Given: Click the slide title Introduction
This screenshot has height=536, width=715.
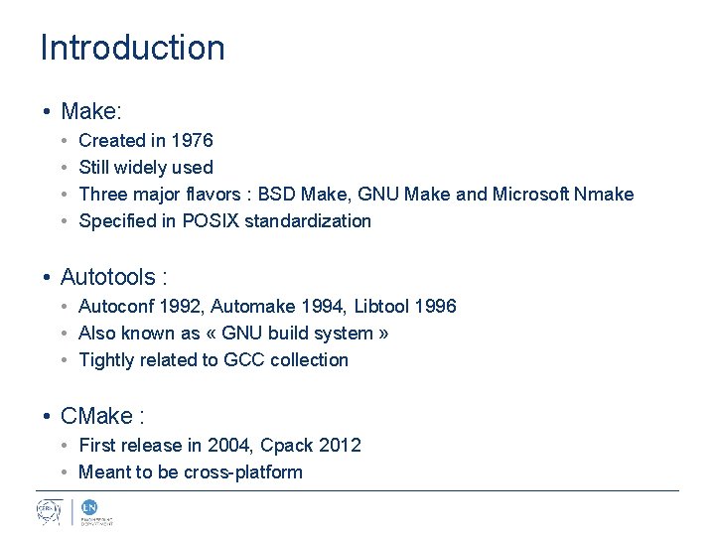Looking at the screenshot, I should coord(132,48).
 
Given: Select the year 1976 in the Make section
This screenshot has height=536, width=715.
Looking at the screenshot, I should coord(193,141).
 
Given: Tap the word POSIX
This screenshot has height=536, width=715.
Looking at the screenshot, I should coord(202,221).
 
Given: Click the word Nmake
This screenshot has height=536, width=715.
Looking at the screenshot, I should coord(604,195).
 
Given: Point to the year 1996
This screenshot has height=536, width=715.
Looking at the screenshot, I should coord(437,307).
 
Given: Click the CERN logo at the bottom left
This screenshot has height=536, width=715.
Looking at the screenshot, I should coord(50,512).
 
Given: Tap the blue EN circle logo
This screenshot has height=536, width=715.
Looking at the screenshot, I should coord(88,506).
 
